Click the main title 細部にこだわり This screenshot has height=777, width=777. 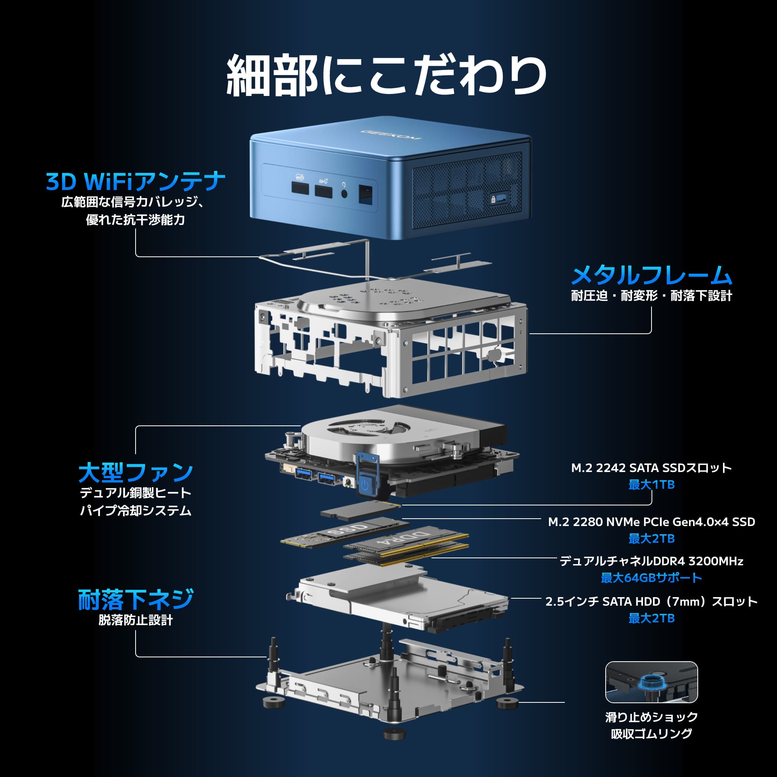point(386,76)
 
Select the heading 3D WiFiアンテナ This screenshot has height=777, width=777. point(136,181)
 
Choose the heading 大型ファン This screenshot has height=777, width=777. point(136,472)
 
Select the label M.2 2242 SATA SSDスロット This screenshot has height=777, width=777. point(651,468)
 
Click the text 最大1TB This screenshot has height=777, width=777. point(651,484)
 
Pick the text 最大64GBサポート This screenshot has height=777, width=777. point(651,578)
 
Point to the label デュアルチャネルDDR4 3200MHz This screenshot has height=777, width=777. point(651,561)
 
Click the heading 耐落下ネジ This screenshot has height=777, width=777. point(136,599)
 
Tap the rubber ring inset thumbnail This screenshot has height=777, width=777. point(651,682)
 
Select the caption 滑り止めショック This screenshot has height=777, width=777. point(651,717)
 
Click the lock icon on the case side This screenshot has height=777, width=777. point(493,199)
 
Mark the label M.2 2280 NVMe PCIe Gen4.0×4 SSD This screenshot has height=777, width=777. point(651,522)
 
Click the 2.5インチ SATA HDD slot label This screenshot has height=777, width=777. point(651,601)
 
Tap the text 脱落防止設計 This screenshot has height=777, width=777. point(136,620)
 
